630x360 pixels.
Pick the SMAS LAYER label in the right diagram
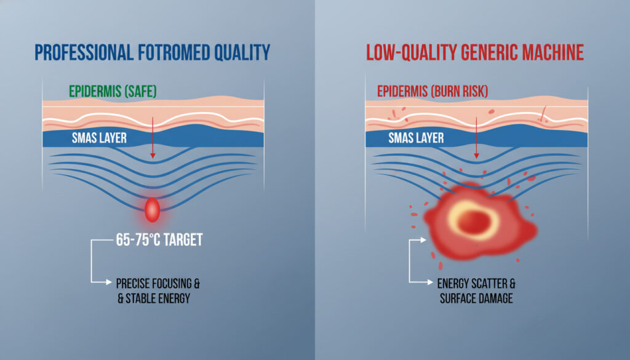(416, 138)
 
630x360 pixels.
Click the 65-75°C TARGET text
(159, 239)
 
